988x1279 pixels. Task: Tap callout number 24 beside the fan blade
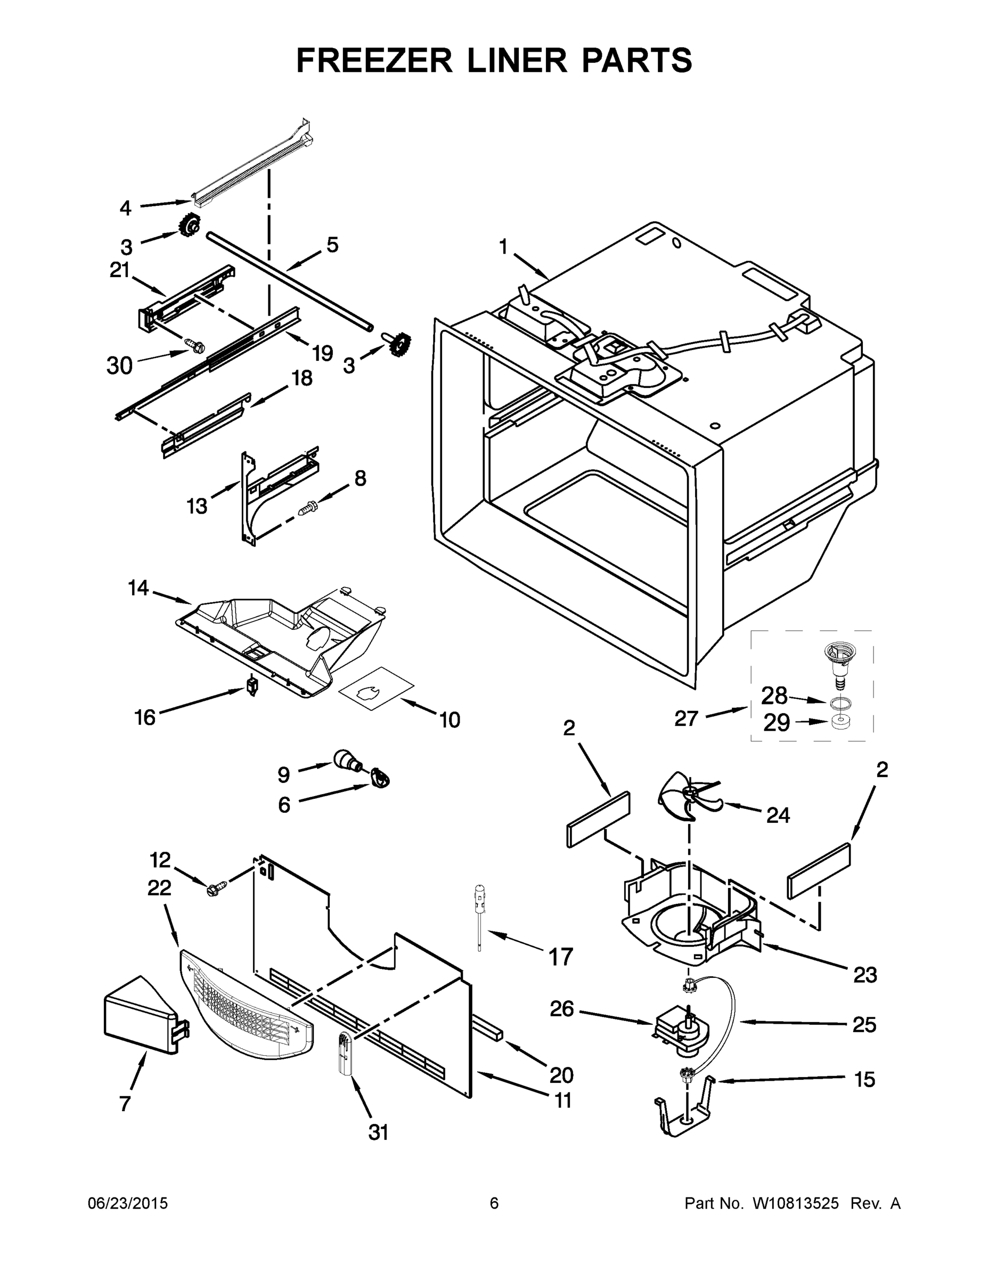click(x=778, y=815)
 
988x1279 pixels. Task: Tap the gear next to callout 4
click(x=190, y=225)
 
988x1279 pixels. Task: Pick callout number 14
click(x=138, y=588)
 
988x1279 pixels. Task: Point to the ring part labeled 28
click(x=840, y=702)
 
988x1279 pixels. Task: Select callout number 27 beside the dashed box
click(x=687, y=718)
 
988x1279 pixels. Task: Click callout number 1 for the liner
click(x=503, y=247)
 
